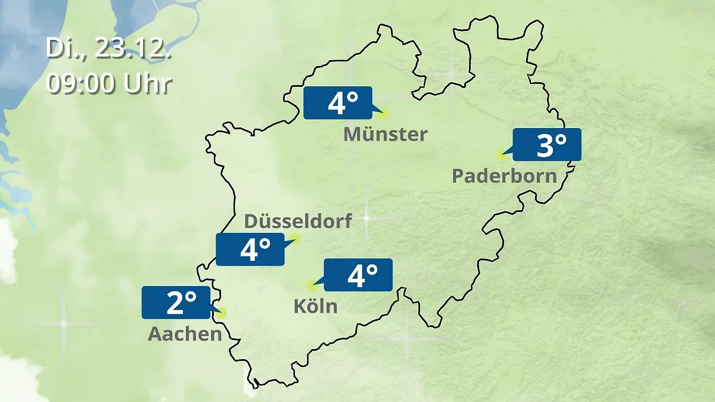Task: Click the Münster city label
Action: click(x=386, y=134)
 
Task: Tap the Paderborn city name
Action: click(x=505, y=176)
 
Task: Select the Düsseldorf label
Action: click(x=298, y=221)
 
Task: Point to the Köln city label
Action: click(x=315, y=306)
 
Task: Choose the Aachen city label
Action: click(x=185, y=334)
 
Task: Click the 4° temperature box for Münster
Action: click(x=338, y=103)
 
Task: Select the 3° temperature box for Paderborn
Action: click(x=546, y=145)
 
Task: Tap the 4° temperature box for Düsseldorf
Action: click(x=250, y=250)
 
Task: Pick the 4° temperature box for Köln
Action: click(x=358, y=275)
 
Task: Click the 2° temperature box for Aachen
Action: click(x=176, y=303)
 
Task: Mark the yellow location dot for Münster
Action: click(x=383, y=113)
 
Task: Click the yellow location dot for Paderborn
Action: click(x=500, y=155)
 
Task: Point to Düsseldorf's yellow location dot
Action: click(x=296, y=239)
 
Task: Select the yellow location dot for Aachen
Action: click(x=222, y=312)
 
